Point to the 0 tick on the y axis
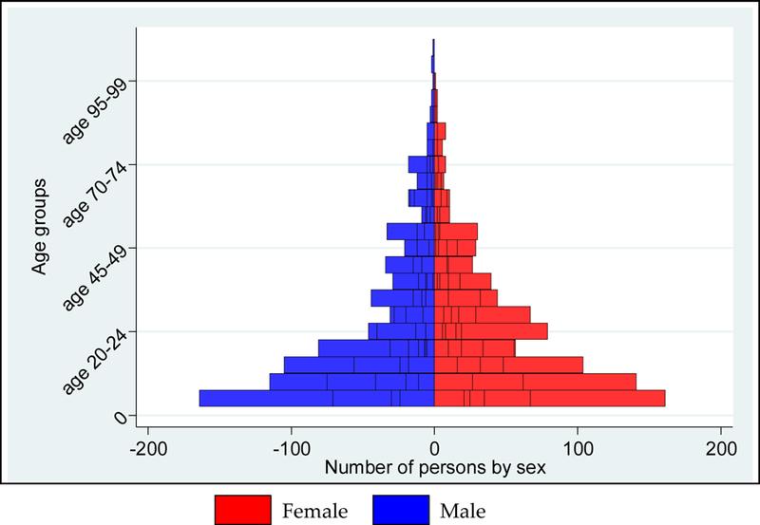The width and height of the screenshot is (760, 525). pos(119,416)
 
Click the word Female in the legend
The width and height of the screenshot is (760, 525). pos(315,508)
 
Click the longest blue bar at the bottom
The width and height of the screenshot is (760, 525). pos(285,399)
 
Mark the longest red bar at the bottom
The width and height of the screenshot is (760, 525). pos(570,399)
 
